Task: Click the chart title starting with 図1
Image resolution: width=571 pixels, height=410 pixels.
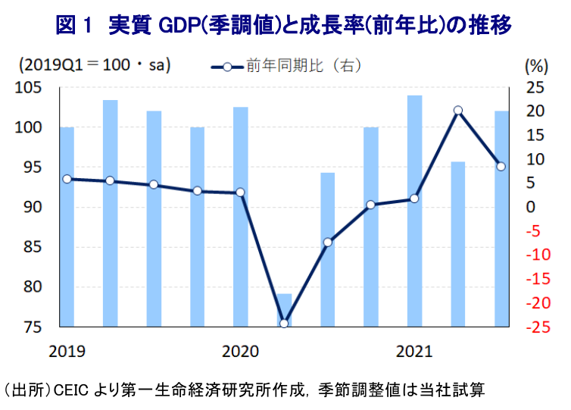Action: [284, 26]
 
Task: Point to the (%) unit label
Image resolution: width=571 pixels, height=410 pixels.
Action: [535, 65]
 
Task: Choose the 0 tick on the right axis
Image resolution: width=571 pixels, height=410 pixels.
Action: [530, 207]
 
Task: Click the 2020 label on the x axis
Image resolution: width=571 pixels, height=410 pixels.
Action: [241, 352]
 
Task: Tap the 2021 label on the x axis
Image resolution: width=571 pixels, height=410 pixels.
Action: [414, 352]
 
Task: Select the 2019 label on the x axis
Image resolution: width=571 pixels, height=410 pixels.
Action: [67, 352]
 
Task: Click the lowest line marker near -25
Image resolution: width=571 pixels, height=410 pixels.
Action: [284, 324]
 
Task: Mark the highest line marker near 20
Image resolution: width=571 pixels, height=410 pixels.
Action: [457, 111]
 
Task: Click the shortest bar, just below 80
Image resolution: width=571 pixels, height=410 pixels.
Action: [284, 310]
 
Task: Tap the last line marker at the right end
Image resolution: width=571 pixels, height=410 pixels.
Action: [501, 167]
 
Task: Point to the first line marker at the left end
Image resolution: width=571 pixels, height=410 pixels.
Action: [67, 179]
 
